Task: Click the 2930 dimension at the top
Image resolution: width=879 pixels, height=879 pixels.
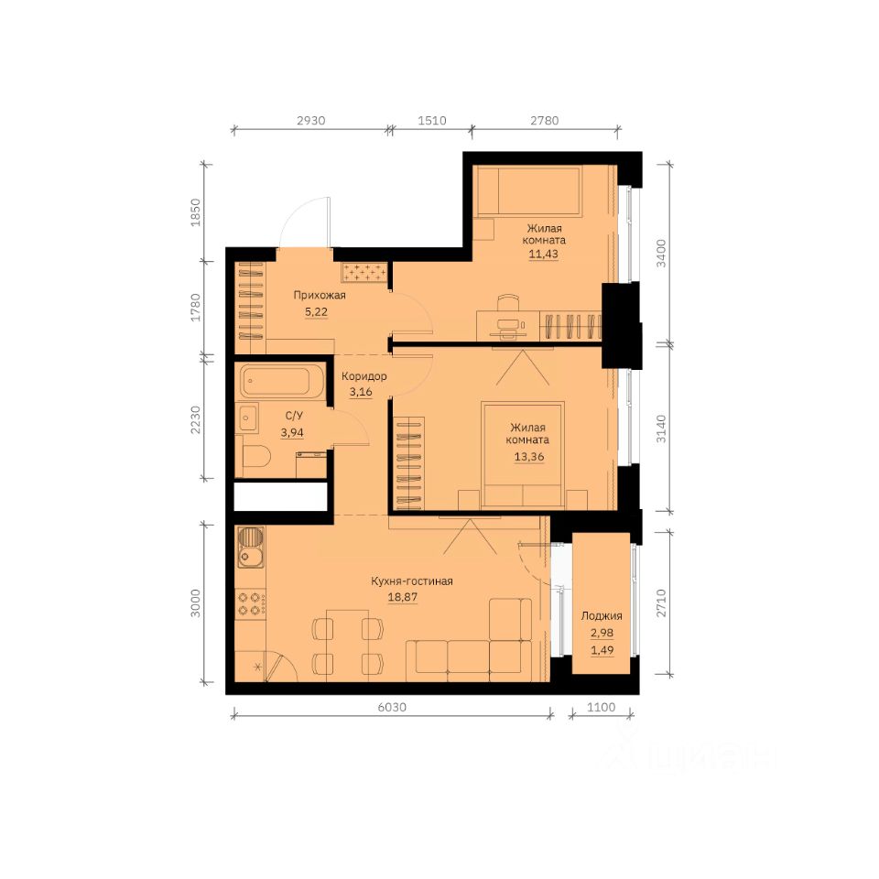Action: pos(310,121)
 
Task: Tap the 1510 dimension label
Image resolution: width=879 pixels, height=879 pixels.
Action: pos(432,121)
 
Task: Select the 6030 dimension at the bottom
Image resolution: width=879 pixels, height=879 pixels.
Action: pos(392,708)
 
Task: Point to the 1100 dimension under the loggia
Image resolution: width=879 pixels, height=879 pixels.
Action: pos(601,708)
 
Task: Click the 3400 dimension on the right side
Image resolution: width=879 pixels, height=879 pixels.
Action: pos(661,254)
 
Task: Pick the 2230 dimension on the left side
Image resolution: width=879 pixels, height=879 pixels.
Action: pos(195,420)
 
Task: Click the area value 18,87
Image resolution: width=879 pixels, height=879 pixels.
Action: pos(403,597)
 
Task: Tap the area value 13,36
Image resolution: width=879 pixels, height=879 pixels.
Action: pos(529,456)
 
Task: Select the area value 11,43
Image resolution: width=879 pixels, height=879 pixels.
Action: pos(543,254)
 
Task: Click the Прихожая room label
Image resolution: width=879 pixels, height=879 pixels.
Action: pos(320,296)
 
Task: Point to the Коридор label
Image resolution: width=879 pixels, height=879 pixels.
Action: pos(364,376)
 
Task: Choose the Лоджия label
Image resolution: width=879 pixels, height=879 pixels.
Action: pos(602,615)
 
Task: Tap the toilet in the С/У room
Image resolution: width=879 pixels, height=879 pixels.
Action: pos(255,456)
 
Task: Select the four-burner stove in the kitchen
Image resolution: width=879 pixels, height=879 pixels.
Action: pos(251,603)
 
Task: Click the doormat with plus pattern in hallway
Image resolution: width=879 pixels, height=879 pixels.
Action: pos(364,273)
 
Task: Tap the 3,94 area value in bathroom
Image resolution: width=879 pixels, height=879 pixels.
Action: pos(292,432)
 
